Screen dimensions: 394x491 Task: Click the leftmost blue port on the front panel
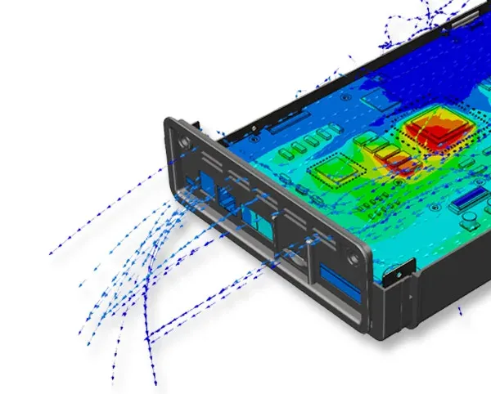(x=196, y=181)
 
